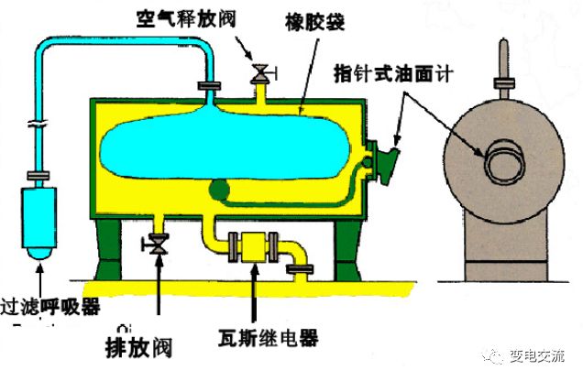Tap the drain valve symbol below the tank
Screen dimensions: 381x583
pyautogui.click(x=159, y=245)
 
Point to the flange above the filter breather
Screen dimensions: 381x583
pyautogui.click(x=38, y=173)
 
